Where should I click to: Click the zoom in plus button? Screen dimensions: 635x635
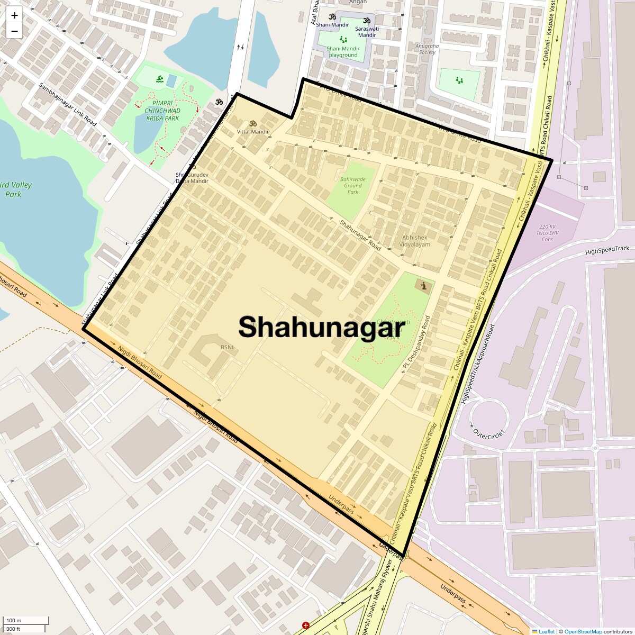click(14, 15)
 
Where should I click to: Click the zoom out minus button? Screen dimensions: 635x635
click(14, 31)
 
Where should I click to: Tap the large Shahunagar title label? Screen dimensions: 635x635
click(321, 327)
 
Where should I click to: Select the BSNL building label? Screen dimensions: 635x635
click(228, 348)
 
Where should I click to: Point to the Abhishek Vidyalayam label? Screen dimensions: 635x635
click(415, 241)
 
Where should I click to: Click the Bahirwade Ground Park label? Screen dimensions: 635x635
click(353, 185)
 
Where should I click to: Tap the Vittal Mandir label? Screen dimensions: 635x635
click(253, 131)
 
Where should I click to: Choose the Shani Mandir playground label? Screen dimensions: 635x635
click(343, 51)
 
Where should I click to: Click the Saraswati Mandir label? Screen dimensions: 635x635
click(367, 31)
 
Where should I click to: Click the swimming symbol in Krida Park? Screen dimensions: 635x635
click(159, 80)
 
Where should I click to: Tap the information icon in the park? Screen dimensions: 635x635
click(423, 286)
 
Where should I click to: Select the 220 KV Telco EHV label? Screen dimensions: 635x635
click(547, 233)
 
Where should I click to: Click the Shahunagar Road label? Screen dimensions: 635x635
click(360, 235)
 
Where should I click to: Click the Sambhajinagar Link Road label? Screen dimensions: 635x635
click(68, 104)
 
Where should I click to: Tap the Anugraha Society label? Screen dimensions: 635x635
click(427, 49)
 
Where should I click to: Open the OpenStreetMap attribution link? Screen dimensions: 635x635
click(583, 631)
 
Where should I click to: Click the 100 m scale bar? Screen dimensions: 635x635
click(26, 621)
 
